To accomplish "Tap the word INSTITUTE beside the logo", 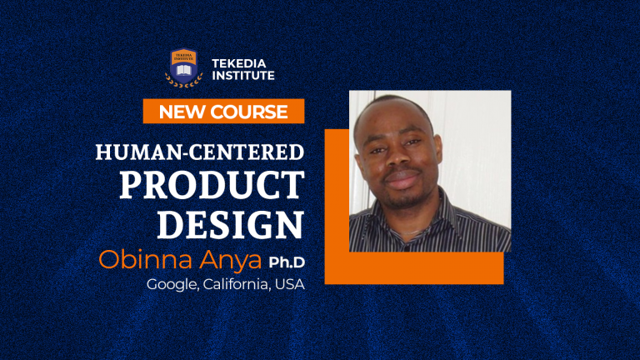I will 243,75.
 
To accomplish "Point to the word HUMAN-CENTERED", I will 200,152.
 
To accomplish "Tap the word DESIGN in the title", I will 231,223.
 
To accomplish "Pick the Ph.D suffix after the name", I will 287,262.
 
